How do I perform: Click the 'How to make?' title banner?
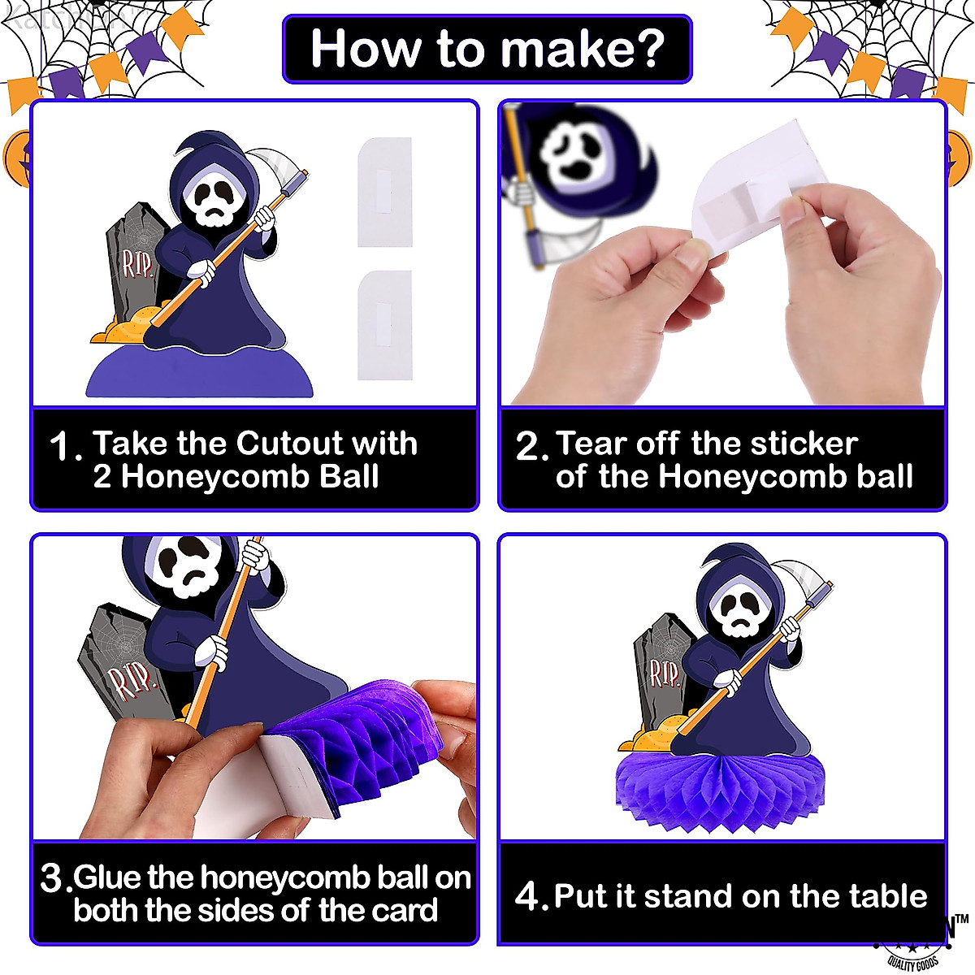coord(487,49)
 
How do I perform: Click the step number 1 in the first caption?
coord(63,447)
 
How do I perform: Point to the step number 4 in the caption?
coord(528,897)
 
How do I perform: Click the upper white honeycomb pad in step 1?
coord(385,193)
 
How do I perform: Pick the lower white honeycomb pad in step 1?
coord(385,324)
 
